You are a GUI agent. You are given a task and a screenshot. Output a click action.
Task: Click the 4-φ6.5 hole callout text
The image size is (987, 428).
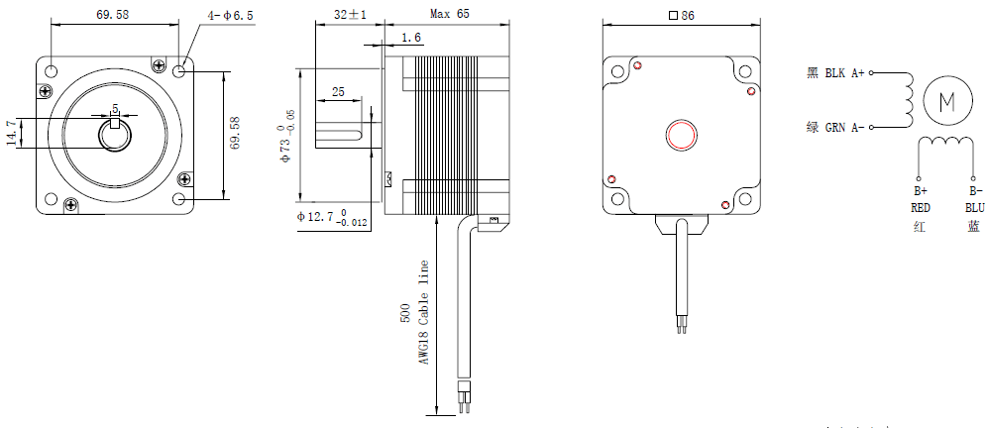230,16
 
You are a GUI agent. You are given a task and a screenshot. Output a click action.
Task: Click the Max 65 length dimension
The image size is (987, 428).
450,13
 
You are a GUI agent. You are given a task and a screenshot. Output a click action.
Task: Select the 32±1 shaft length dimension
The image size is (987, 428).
350,14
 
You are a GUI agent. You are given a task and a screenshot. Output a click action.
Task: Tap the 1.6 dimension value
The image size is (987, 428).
410,38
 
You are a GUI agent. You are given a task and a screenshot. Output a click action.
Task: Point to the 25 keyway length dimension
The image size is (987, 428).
338,92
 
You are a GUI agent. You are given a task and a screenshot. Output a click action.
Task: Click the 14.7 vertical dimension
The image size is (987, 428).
12,134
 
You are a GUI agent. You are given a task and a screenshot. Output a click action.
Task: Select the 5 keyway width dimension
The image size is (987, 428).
115,108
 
